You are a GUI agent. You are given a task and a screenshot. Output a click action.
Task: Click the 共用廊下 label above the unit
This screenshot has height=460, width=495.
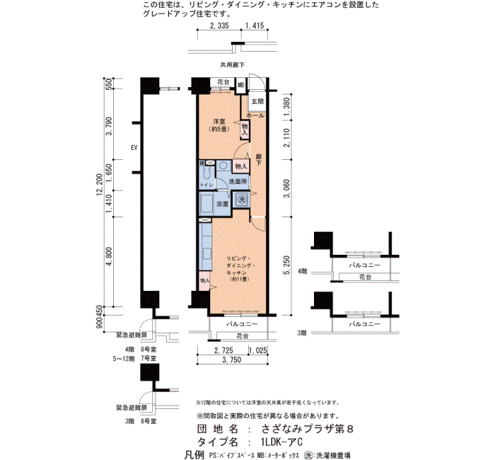[232, 64]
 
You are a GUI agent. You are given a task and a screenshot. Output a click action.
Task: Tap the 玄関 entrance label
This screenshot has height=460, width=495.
[257, 102]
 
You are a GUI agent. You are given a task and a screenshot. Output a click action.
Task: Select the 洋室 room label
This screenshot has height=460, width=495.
[218, 126]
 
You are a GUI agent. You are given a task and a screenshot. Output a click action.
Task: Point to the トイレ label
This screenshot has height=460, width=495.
[206, 185]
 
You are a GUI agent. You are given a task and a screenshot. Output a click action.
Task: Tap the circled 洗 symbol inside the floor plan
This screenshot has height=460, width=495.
[240, 200]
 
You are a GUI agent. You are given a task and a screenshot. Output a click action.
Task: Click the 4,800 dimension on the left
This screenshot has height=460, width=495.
[109, 256]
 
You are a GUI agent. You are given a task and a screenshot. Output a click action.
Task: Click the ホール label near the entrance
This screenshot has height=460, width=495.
[256, 115]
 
